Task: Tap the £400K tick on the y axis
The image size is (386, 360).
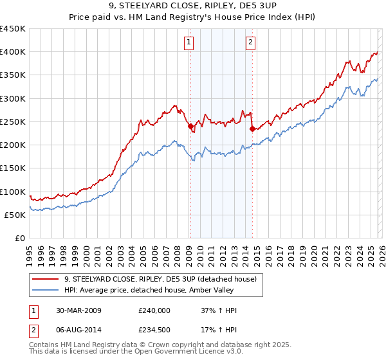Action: point(13,52)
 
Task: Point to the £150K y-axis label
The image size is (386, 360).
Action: point(13,168)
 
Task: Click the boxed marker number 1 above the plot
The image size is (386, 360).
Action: point(189,43)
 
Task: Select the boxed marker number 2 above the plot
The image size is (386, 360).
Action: point(250,43)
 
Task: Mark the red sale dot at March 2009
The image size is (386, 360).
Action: point(190,127)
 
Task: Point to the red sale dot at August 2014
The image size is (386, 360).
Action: point(252,129)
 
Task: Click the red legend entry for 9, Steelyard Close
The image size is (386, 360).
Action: point(160,279)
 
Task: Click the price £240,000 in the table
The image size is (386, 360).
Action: point(154,310)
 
